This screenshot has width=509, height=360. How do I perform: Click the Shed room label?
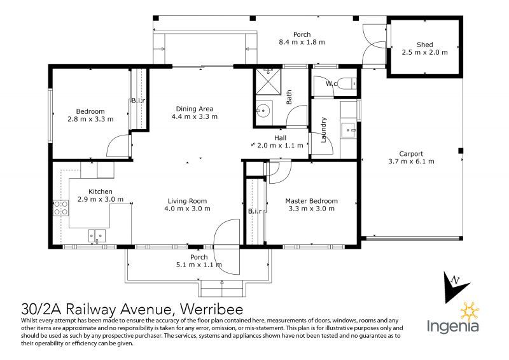coord(424,45)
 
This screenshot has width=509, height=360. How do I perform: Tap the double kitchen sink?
coord(97,235)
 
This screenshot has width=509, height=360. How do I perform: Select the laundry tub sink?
coord(349,130)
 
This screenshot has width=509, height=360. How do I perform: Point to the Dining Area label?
coord(194,108)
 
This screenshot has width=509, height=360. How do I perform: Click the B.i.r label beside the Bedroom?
coord(138,100)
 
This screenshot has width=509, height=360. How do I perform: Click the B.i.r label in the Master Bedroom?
coord(255,211)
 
